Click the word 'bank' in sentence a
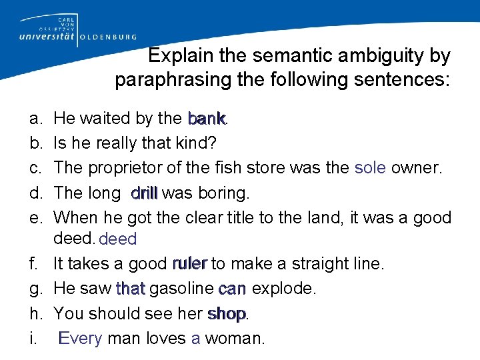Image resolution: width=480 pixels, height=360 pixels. pos(207,119)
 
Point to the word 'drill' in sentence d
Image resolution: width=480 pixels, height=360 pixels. pos(145,193)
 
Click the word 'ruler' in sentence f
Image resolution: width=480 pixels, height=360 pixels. pos(190,264)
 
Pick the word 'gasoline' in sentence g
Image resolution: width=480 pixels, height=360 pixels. pos(182,289)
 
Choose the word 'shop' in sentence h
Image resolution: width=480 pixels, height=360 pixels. pos(227,313)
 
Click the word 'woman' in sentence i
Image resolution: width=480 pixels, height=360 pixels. pos(235,338)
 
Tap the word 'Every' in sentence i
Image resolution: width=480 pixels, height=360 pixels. pos(80,338)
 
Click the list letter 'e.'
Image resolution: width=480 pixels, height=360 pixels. pos(34,218)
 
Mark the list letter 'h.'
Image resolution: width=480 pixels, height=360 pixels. pos(34,313)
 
